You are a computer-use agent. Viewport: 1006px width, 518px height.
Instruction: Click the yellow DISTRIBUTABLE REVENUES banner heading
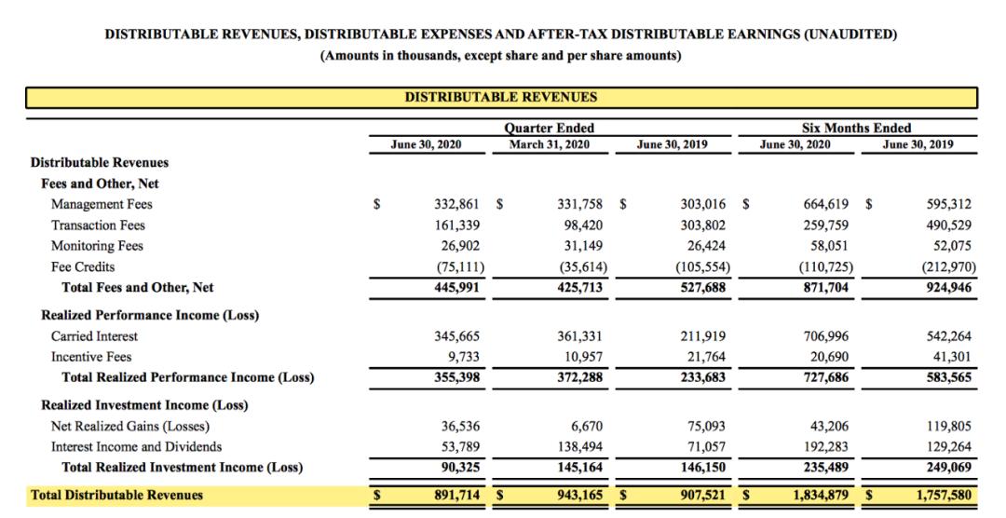pyautogui.click(x=501, y=97)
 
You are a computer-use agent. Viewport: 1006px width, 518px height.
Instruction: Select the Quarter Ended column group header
pyautogui.click(x=549, y=128)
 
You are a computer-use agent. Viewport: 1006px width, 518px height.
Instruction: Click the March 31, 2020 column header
pyautogui.click(x=550, y=144)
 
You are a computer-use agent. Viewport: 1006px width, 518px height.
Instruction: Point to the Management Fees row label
pyautogui.click(x=102, y=204)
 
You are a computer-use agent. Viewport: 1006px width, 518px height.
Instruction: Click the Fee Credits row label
pyautogui.click(x=83, y=266)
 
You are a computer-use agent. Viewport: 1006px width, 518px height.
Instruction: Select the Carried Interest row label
pyautogui.click(x=94, y=335)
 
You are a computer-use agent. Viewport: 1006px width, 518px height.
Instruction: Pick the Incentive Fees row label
pyautogui.click(x=91, y=357)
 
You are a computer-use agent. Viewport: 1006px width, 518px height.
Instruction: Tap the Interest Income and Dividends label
pyautogui.click(x=136, y=446)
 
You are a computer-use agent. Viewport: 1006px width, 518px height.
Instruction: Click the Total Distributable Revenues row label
pyautogui.click(x=116, y=495)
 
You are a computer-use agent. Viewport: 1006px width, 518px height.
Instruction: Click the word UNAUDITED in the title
pyautogui.click(x=850, y=34)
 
